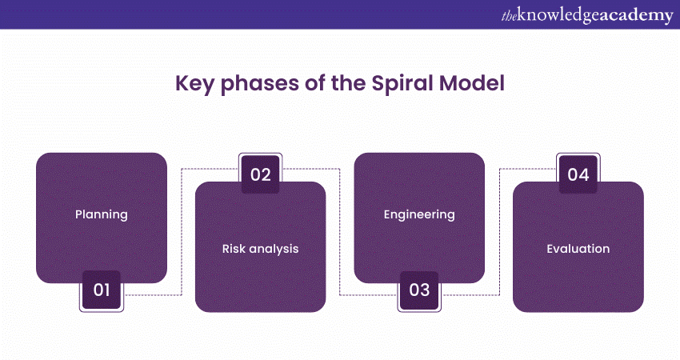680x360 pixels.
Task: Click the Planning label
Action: point(102,214)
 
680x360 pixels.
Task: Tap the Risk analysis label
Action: point(260,249)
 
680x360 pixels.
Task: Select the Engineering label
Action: point(419,214)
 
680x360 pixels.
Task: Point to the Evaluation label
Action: point(578,249)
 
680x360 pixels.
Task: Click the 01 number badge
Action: point(102,290)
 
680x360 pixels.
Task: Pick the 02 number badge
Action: point(261,174)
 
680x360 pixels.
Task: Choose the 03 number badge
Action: point(420,290)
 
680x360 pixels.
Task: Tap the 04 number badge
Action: point(578,174)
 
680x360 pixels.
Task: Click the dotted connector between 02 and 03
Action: point(340,232)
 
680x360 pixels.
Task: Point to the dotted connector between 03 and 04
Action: point(499,232)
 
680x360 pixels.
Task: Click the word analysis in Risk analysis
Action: point(273,249)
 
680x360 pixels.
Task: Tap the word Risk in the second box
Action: point(234,249)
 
